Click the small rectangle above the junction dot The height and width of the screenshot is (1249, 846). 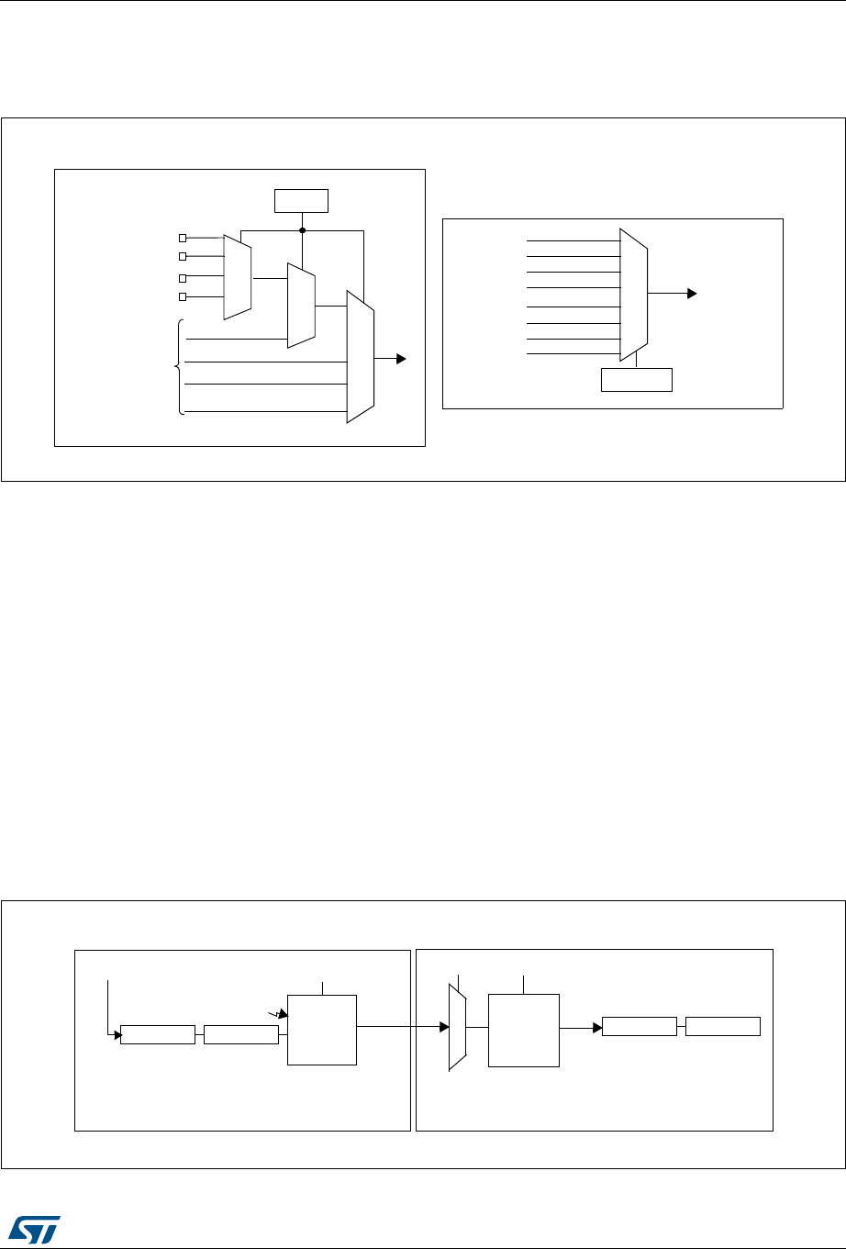(x=302, y=199)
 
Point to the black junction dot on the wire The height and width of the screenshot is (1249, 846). (x=302, y=230)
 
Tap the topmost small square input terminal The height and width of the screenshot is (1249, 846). (x=183, y=238)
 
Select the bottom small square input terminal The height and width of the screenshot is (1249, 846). (x=183, y=296)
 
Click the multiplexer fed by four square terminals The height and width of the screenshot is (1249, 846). (x=238, y=276)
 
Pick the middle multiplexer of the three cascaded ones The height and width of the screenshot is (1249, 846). (x=301, y=306)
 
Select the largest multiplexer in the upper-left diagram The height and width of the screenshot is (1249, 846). (x=360, y=356)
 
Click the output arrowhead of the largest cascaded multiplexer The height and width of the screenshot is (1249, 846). (x=402, y=359)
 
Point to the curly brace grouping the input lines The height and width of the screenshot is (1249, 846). (x=178, y=367)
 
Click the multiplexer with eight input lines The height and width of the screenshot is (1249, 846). (x=634, y=295)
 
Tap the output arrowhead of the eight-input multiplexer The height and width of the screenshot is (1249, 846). (x=692, y=294)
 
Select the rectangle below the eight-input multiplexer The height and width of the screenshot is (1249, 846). (x=637, y=379)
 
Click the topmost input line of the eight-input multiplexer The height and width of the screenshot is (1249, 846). (x=573, y=240)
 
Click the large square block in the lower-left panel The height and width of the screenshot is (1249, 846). (x=322, y=1029)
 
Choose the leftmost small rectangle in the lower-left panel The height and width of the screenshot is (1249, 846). (x=158, y=1034)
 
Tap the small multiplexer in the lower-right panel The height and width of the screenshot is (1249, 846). (x=457, y=1028)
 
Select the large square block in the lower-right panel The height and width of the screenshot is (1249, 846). (x=524, y=1030)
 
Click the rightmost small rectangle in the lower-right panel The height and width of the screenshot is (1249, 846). (x=723, y=1026)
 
